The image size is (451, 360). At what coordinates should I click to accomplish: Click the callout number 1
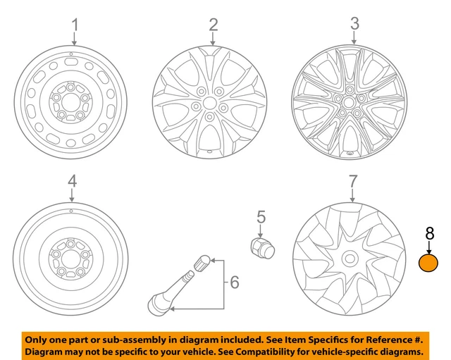tap(74, 26)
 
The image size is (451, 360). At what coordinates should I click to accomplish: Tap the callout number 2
tap(213, 26)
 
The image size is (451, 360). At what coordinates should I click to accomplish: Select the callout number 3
tap(354, 26)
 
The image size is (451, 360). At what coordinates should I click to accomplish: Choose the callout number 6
tap(235, 283)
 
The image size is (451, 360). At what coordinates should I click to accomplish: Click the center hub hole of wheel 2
tap(209, 103)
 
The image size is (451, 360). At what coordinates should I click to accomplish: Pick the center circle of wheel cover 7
tap(350, 259)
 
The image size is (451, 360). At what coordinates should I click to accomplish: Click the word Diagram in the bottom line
tap(46, 351)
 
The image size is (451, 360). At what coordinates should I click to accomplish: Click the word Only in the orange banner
tap(39, 337)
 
